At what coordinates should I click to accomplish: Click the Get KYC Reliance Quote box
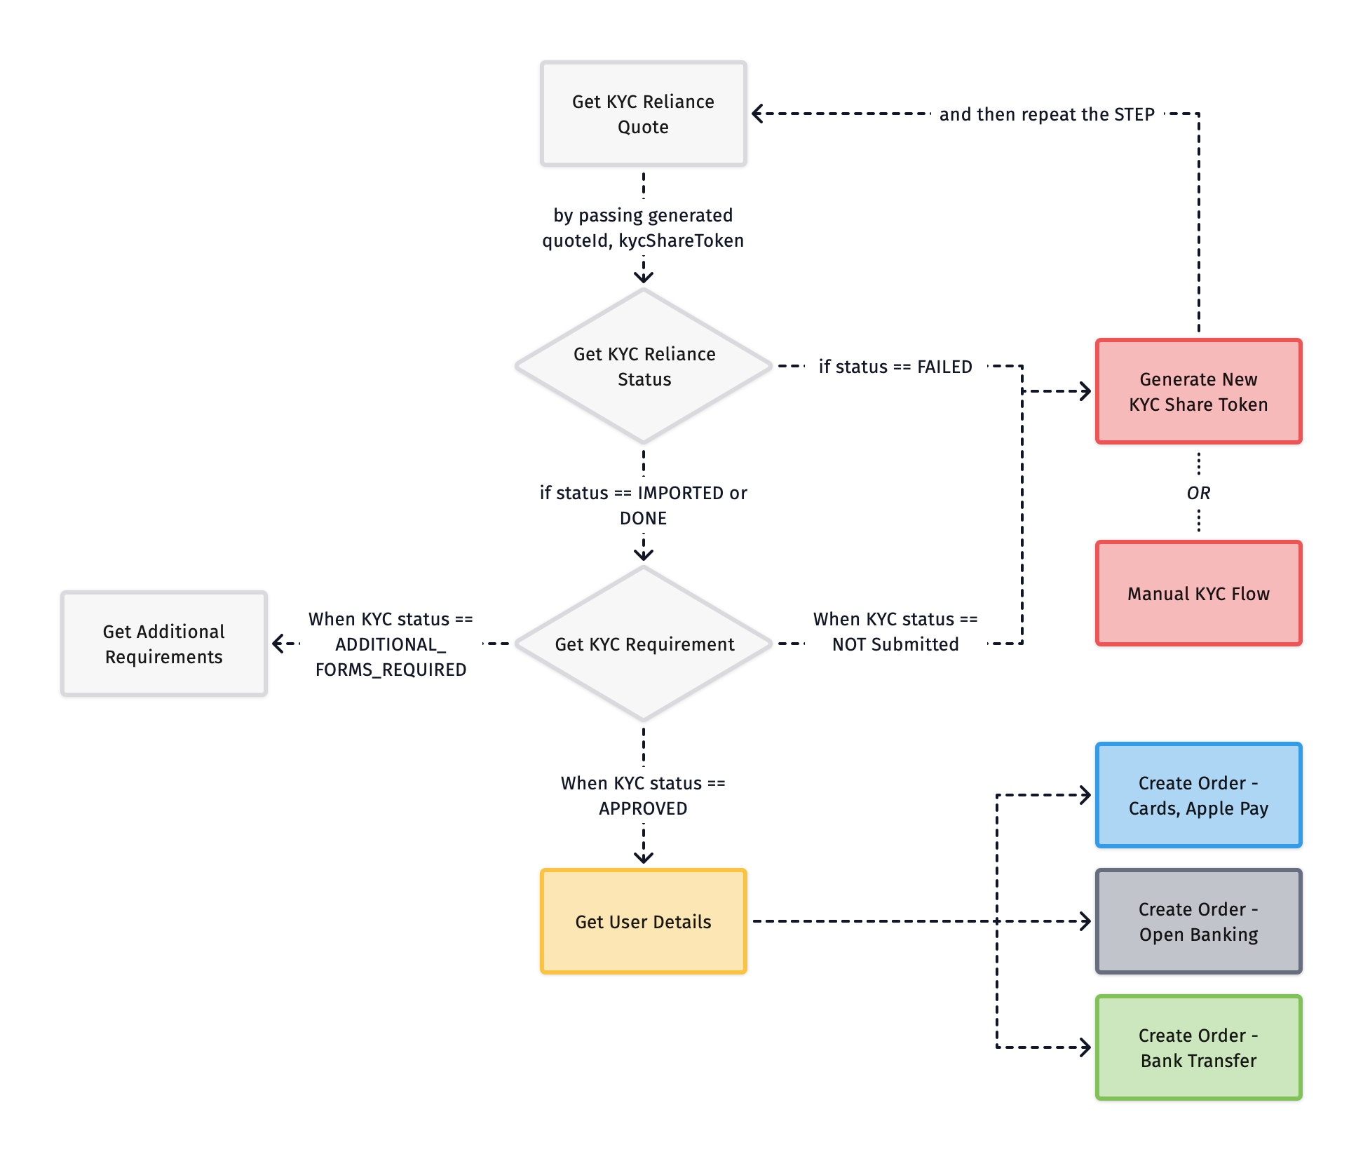(643, 114)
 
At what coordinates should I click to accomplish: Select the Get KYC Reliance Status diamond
(643, 366)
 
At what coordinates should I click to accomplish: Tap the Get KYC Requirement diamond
(643, 644)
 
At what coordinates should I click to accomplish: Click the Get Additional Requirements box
(164, 644)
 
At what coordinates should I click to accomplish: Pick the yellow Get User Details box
(643, 921)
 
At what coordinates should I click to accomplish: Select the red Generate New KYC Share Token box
(1198, 391)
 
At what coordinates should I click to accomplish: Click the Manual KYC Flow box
(1198, 593)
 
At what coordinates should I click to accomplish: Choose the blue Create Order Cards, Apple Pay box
(1198, 795)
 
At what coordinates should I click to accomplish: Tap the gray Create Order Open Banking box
(1198, 921)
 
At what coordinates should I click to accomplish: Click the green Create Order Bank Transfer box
(1198, 1047)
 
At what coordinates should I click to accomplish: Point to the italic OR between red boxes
(1198, 493)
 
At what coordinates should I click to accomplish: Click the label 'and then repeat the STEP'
(1046, 114)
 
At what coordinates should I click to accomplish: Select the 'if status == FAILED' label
(895, 367)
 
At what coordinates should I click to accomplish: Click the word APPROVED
(643, 808)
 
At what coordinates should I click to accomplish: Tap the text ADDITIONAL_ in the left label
(391, 644)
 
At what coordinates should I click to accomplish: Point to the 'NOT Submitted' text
(895, 644)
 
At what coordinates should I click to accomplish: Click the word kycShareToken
(681, 240)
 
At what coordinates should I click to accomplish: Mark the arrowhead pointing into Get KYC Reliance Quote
(757, 114)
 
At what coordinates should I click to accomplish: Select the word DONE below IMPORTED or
(643, 518)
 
